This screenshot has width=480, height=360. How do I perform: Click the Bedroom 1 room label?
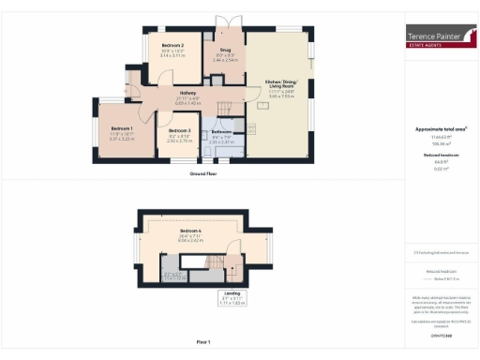pyautogui.click(x=122, y=127)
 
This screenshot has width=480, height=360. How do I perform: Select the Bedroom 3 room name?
pyautogui.click(x=179, y=130)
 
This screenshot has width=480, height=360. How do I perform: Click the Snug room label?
pyautogui.click(x=226, y=50)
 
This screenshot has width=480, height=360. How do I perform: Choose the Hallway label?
pyautogui.click(x=181, y=92)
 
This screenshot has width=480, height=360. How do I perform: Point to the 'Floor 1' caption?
pyautogui.click(x=204, y=342)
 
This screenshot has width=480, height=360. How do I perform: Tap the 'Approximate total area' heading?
pyautogui.click(x=442, y=128)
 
